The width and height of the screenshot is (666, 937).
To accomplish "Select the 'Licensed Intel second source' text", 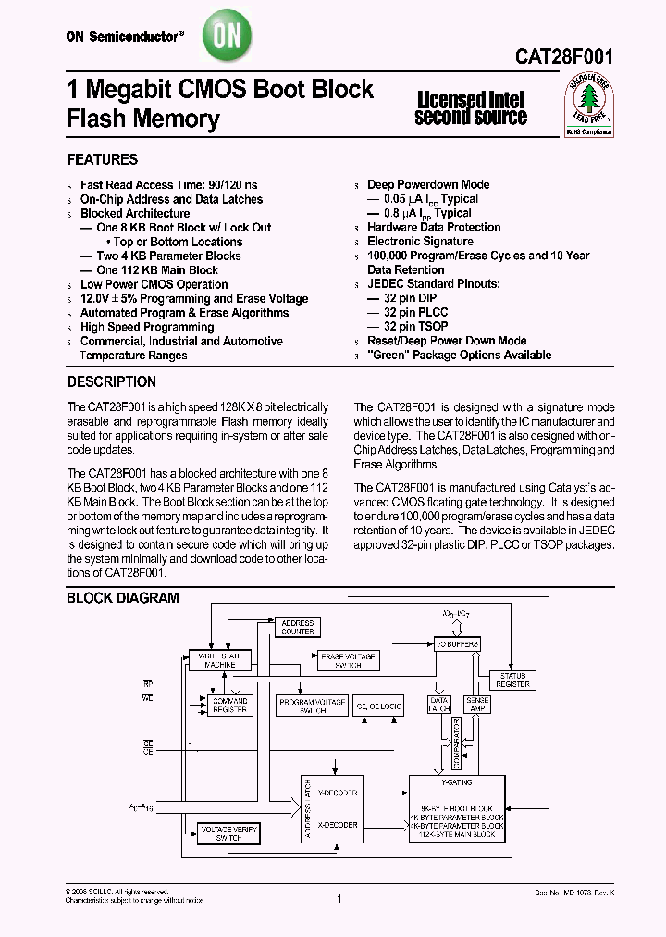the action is pos(471,108).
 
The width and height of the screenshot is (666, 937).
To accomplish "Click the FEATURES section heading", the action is pos(102,159).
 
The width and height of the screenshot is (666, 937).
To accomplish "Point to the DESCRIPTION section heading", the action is pos(111,381).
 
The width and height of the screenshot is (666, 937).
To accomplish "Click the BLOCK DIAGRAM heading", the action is pos(122,598).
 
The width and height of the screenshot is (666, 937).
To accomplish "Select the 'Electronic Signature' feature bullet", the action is pos(420,241).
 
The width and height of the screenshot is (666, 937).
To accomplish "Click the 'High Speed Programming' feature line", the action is pos(147,327).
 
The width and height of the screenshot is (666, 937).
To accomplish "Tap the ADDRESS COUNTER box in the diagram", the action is pos(298,627).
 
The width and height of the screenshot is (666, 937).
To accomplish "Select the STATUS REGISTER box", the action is pos(512,681).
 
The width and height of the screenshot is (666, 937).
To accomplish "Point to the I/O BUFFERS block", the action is pos(457,643).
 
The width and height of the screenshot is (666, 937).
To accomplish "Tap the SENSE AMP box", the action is pos(477,706).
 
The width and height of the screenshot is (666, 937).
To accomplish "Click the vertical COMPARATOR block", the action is pos(456,742).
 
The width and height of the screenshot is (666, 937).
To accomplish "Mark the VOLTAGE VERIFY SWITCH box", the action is pos(228,832).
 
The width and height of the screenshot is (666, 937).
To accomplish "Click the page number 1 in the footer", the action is pos(340,898).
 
